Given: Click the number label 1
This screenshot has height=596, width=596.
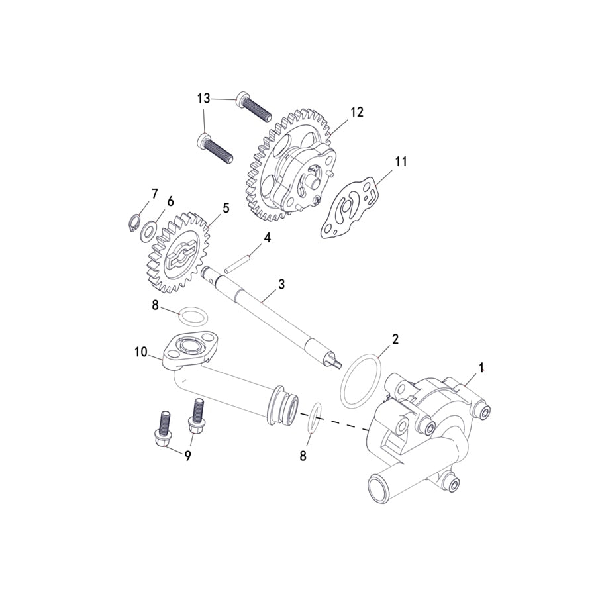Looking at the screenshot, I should [482, 366].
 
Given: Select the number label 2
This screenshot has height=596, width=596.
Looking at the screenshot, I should [395, 339].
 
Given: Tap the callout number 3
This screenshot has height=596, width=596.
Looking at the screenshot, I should [281, 284].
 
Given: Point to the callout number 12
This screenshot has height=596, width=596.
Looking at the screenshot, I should [357, 112].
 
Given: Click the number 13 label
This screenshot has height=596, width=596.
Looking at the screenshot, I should [203, 99].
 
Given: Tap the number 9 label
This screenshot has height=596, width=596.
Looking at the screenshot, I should [187, 456].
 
